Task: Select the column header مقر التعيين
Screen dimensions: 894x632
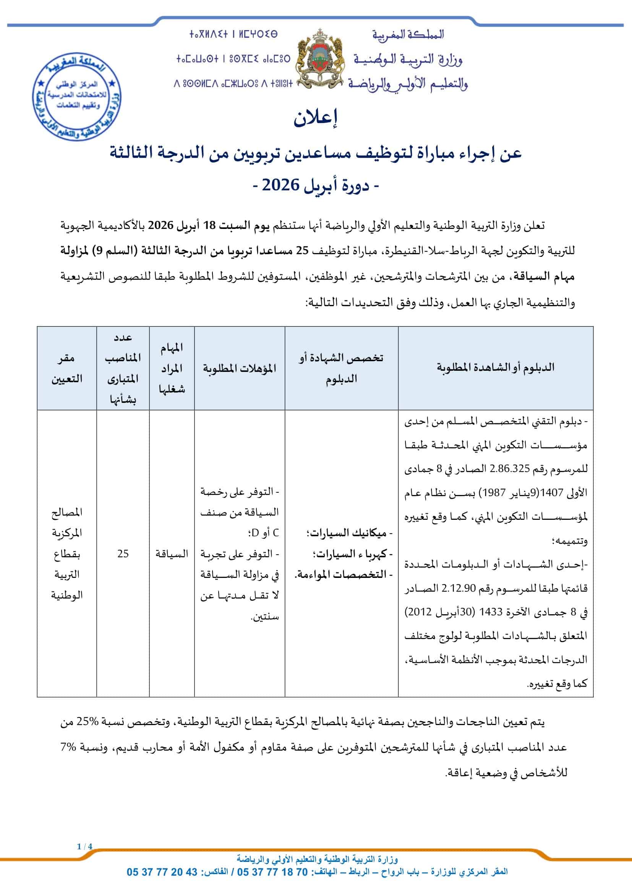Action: (66, 368)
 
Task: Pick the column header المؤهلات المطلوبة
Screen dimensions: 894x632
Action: (239, 368)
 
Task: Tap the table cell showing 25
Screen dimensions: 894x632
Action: (123, 553)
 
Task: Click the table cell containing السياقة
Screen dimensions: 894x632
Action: (172, 553)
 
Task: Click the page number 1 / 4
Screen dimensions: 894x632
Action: (84, 847)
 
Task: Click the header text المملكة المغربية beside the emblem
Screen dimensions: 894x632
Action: (408, 35)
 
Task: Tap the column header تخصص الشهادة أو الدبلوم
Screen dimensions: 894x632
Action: (341, 368)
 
